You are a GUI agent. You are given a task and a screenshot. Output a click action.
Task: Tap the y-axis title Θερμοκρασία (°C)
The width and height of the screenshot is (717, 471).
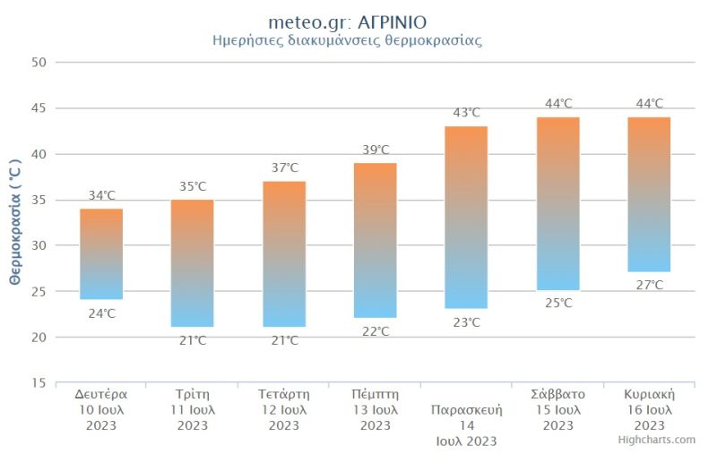pyautogui.click(x=14, y=223)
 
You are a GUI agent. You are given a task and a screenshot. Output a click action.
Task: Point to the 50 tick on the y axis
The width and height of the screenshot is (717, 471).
pyautogui.click(x=39, y=63)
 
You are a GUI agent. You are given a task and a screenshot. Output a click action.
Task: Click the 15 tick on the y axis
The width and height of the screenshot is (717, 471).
pyautogui.click(x=39, y=383)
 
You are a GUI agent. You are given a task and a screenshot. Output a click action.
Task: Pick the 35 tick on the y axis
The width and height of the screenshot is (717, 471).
pyautogui.click(x=39, y=200)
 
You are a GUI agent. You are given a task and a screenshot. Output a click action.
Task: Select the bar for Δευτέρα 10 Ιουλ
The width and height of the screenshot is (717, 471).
pyautogui.click(x=101, y=254)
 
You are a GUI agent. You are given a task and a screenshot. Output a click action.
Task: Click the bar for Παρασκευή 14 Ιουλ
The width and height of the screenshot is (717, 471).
pyautogui.click(x=466, y=218)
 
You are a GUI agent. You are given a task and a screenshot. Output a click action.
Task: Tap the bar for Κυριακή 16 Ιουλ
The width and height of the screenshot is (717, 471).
pyautogui.click(x=649, y=194)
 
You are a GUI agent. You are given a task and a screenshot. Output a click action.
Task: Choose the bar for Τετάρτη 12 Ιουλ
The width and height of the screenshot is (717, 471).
pyautogui.click(x=284, y=254)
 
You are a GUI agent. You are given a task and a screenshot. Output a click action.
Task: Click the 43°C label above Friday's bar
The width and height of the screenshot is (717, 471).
pyautogui.click(x=466, y=113)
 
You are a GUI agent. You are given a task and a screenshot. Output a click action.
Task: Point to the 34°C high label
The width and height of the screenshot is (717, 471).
pyautogui.click(x=101, y=195)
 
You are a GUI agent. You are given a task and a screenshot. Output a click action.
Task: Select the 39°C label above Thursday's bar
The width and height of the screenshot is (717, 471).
pyautogui.click(x=375, y=150)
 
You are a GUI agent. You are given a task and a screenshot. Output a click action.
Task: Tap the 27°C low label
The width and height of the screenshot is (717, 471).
pyautogui.click(x=649, y=285)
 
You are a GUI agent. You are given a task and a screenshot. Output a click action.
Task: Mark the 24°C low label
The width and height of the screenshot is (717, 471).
pyautogui.click(x=101, y=313)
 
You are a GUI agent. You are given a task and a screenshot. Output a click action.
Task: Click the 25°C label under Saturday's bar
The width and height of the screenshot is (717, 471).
pyautogui.click(x=557, y=304)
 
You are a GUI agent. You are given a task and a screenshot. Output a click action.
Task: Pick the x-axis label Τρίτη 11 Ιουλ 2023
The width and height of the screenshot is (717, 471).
pyautogui.click(x=193, y=409)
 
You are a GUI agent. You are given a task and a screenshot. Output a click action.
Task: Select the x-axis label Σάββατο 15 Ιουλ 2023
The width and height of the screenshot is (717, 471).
pyautogui.click(x=557, y=409)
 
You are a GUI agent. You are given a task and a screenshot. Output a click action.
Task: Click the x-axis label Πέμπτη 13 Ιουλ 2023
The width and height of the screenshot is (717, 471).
pyautogui.click(x=375, y=409)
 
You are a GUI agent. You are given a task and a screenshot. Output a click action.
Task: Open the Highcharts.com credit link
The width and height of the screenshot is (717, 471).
pyautogui.click(x=656, y=440)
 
